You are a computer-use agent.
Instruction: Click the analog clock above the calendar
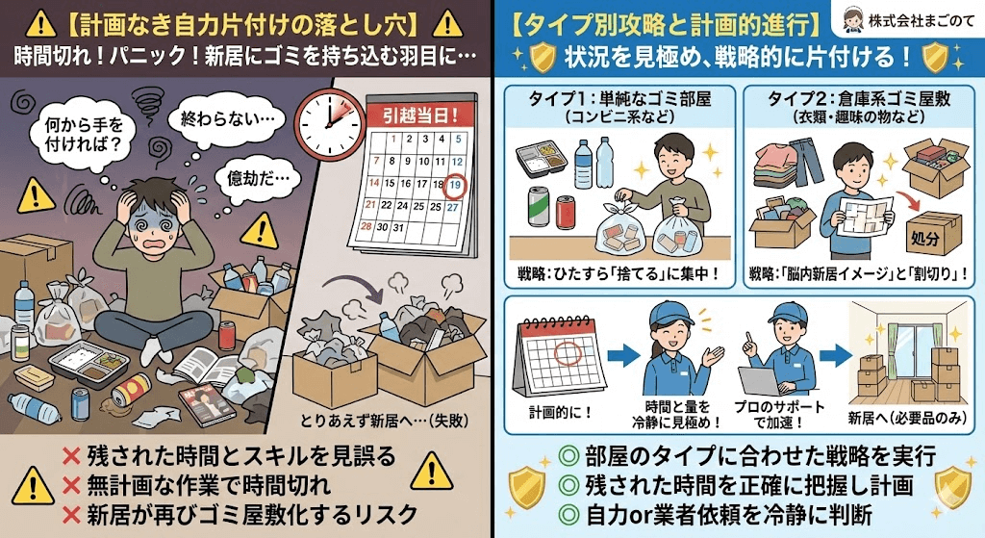[x=326, y=126]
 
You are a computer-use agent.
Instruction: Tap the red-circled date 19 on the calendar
[x=457, y=182]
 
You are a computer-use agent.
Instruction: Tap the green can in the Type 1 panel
[x=540, y=207]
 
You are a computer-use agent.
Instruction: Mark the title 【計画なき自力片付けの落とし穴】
[x=245, y=23]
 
